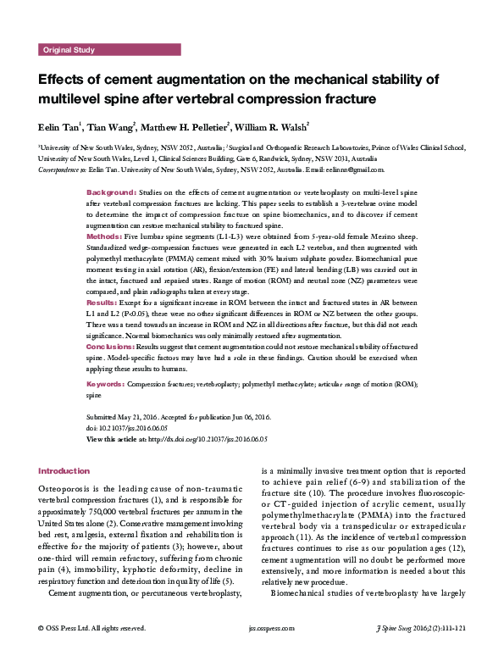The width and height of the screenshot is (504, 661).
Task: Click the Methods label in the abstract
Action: (x=106, y=236)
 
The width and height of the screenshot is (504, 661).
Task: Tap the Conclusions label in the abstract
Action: (x=111, y=347)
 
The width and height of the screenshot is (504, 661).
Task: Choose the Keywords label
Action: (x=106, y=384)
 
